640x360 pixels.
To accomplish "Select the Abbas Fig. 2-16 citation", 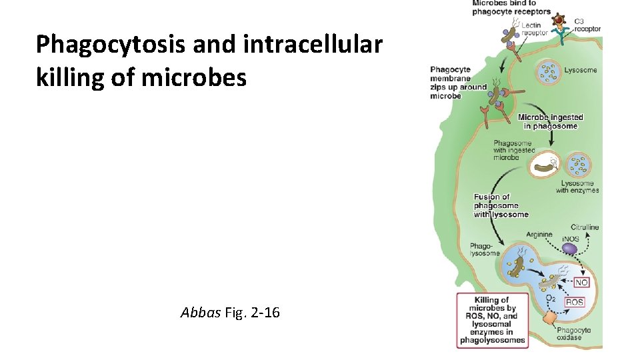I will tap(230, 311).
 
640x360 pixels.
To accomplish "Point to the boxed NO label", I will tap(581, 282).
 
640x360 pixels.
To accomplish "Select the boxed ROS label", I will tap(574, 302).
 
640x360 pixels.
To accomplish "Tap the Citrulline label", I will tap(584, 227).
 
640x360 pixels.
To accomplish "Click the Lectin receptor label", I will tap(534, 29).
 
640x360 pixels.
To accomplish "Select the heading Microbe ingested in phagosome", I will tap(550, 121).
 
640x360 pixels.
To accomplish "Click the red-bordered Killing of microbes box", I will tap(492, 320).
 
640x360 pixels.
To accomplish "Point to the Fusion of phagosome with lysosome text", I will tap(501, 205).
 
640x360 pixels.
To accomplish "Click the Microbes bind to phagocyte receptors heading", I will tap(511, 7).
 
